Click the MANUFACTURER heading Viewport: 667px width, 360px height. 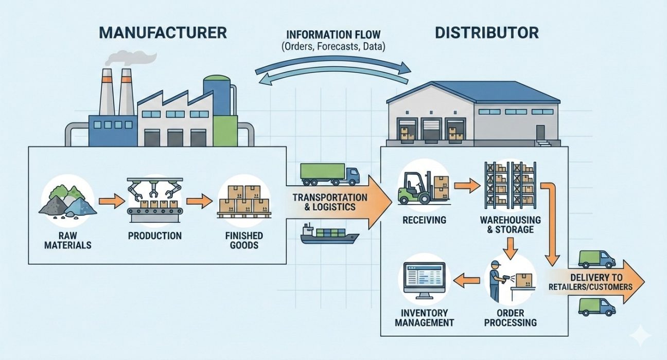click(x=162, y=33)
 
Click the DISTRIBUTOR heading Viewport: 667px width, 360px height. click(x=486, y=33)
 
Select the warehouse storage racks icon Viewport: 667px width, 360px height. click(x=510, y=186)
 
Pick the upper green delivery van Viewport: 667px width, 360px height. click(x=596, y=259)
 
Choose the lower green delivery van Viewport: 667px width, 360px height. click(x=596, y=307)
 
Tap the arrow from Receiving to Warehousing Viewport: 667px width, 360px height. click(x=466, y=185)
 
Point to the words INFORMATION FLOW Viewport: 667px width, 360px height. click(x=333, y=35)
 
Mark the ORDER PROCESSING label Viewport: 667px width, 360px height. click(x=511, y=318)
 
